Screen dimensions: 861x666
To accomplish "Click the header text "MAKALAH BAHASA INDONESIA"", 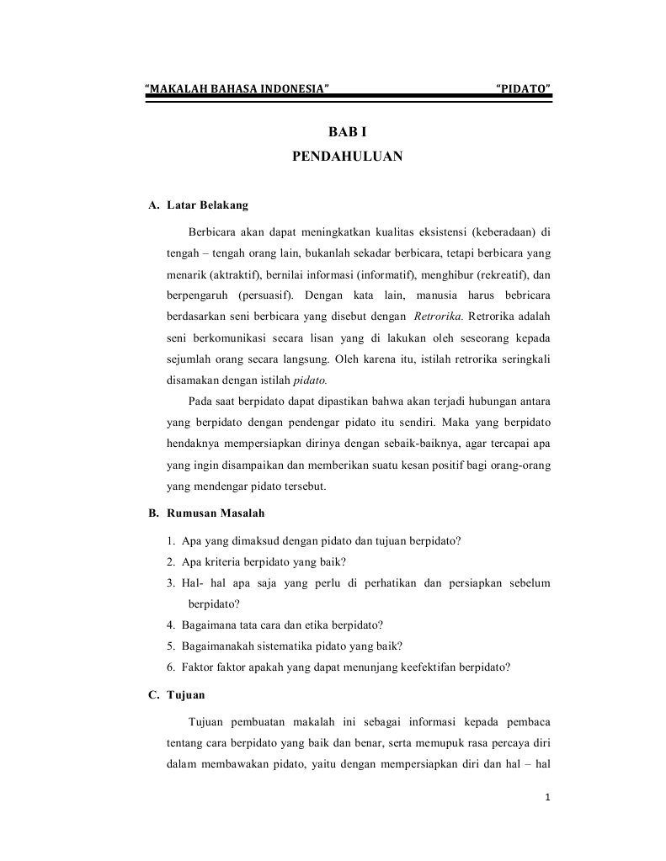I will pyautogui.click(x=237, y=88).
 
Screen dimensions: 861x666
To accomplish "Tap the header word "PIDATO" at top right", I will pyautogui.click(x=524, y=88).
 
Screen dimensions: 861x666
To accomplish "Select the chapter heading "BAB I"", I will pyautogui.click(x=348, y=133).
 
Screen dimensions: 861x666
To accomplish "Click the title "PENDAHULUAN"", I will pyautogui.click(x=348, y=156).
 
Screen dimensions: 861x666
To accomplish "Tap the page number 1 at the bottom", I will pyautogui.click(x=546, y=797).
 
